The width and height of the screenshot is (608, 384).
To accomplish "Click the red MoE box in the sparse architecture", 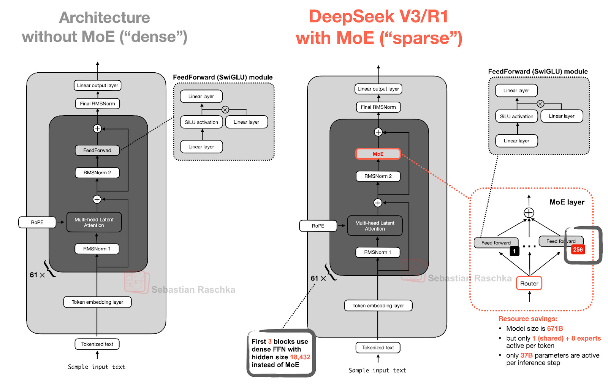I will click(x=378, y=154).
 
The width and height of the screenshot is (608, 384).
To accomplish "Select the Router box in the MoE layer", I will click(x=529, y=283).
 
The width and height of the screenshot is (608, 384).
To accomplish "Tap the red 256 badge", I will click(x=578, y=250).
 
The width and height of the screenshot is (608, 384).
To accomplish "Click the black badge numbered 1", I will click(x=514, y=251).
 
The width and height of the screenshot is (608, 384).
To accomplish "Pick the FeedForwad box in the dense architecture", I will click(x=97, y=150).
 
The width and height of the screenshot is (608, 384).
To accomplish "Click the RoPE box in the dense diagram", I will click(x=37, y=222).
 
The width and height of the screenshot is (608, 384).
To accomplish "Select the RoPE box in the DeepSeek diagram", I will click(x=318, y=226).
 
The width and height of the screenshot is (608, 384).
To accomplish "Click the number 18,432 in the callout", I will click(x=300, y=357).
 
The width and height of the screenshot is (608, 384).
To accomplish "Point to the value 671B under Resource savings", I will click(x=555, y=328).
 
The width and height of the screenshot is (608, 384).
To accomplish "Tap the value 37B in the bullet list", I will click(x=526, y=355).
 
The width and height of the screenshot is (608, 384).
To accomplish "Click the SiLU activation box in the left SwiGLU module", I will click(x=201, y=122).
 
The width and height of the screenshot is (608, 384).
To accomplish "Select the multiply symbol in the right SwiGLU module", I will click(x=540, y=104).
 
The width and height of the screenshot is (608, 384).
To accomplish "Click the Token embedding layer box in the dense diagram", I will click(x=97, y=302).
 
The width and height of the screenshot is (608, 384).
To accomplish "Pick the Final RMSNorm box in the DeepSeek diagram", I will click(x=378, y=107).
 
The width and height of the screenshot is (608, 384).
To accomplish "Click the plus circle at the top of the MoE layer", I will click(x=529, y=213).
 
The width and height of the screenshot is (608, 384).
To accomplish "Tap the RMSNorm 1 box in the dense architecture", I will click(x=97, y=249).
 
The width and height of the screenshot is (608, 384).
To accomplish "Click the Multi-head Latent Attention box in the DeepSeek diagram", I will click(x=375, y=226).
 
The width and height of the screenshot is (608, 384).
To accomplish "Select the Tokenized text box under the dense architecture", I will click(x=97, y=344).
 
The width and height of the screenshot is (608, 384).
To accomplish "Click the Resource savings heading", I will click(x=527, y=319).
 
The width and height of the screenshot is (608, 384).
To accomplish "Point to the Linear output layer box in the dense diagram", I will click(x=97, y=85).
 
